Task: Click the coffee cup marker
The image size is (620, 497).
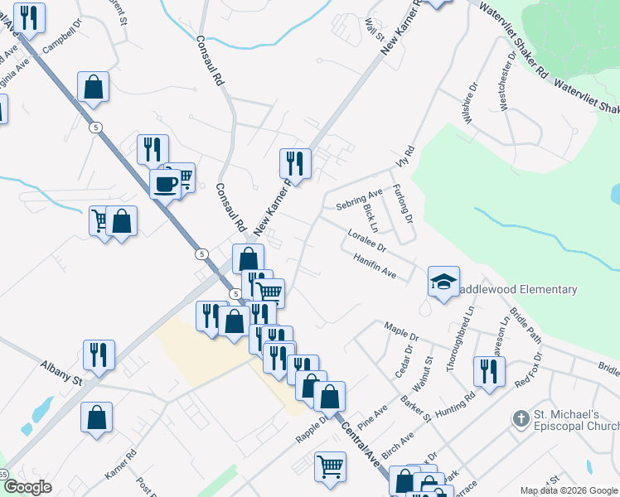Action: pos(166,182)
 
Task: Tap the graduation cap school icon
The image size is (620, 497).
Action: pos(443,281)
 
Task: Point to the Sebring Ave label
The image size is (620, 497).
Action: pos(359,200)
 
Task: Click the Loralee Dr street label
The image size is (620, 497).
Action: pos(367,241)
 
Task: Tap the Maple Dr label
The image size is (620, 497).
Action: pos(403,331)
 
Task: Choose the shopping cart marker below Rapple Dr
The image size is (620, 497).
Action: pos(330,466)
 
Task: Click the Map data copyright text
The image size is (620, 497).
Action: pos(569,490)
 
